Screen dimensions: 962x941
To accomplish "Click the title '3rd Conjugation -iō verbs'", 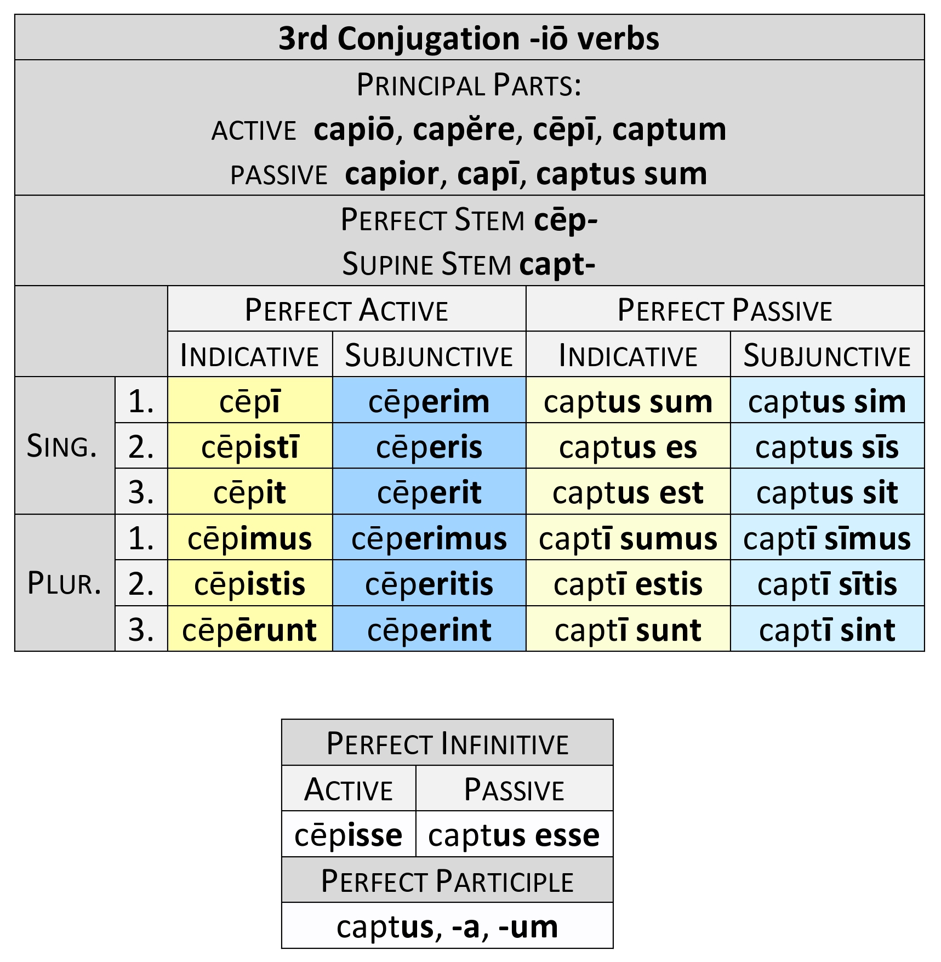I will pos(469,38).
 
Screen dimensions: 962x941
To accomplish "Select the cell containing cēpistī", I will pos(250,447).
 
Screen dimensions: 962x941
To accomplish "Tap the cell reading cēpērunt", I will pos(250,630).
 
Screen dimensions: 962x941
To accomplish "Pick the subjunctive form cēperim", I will pos(429,401).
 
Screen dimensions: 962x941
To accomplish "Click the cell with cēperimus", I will pos(429,538).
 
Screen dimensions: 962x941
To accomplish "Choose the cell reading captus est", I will pos(628,492).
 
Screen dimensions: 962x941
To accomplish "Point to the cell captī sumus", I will pos(628,538).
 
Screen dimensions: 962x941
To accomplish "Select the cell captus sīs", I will pos(826,447).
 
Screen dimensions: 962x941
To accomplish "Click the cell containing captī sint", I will pos(826,630).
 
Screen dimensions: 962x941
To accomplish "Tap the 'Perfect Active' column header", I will pos(346,310).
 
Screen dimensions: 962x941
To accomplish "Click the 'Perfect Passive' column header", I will pos(725,310).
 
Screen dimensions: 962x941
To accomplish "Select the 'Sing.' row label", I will pos(62,446).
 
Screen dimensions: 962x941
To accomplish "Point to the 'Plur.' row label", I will pos(64,583).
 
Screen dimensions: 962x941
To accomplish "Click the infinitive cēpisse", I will pos(349,835).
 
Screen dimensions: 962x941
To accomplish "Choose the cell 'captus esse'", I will pos(514,835).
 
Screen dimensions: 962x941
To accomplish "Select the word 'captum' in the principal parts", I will pos(669,129).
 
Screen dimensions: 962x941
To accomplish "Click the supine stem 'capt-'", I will pos(557,264).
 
